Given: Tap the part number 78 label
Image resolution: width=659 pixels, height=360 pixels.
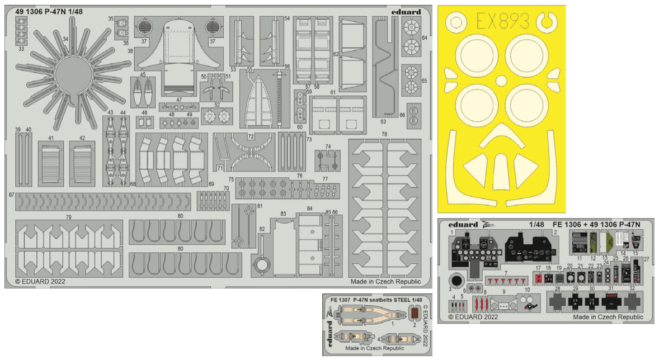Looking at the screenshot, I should coord(384,135).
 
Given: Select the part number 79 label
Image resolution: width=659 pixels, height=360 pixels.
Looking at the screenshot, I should coord(68,217).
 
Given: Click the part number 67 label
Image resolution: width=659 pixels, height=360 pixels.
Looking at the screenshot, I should coord(11,195).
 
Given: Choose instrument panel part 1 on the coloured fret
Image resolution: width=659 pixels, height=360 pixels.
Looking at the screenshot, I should coord(473,250).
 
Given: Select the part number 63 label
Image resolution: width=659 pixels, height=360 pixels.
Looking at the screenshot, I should coord(384,121).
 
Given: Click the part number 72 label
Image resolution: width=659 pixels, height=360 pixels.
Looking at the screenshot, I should coord(251,136).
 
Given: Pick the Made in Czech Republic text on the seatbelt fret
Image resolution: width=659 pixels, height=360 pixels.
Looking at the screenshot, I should coord(375,348).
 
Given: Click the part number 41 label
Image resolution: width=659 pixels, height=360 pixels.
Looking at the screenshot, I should coord(50,138).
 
